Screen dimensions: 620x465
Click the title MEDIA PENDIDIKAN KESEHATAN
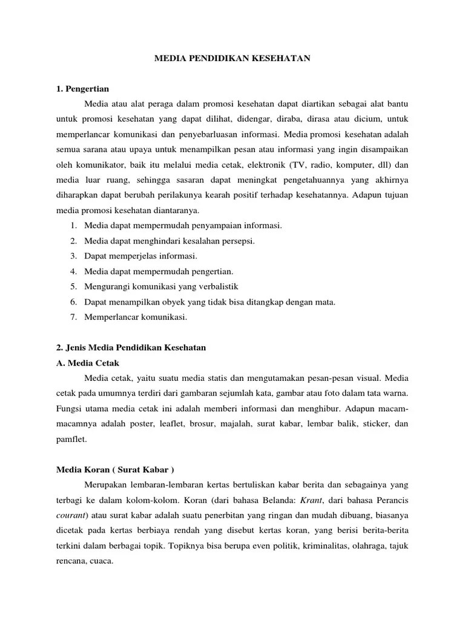[232, 58]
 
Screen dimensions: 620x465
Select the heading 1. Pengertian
[82, 89]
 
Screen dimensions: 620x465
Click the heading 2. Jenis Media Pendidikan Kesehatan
[131, 348]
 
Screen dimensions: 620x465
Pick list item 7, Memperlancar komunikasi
[136, 317]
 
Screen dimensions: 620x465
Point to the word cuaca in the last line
[101, 560]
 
